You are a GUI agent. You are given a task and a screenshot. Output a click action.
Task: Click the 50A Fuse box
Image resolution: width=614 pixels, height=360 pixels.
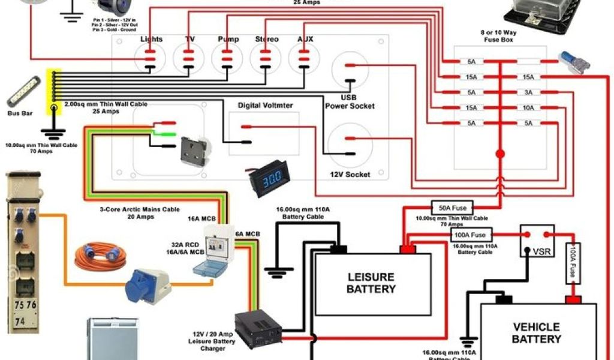(x=453, y=208)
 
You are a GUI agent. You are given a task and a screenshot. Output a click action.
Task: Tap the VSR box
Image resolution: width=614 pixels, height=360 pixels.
(x=537, y=241)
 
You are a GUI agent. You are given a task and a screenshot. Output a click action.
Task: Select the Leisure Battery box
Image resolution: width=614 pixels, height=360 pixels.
(x=372, y=283)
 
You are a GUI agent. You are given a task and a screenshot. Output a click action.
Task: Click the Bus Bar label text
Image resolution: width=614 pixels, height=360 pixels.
(x=19, y=113)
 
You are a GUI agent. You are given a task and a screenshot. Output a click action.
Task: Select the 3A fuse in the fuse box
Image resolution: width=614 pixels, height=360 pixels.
(x=528, y=92)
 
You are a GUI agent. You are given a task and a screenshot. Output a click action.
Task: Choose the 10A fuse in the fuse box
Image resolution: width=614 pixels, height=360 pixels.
(x=528, y=108)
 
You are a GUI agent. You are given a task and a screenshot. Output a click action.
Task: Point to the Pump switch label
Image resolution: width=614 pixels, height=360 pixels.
(x=228, y=40)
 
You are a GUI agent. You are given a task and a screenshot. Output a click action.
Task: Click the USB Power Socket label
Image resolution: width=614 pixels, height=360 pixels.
(x=350, y=101)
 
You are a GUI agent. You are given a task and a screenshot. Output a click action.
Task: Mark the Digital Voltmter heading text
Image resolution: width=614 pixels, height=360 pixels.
(x=266, y=106)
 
